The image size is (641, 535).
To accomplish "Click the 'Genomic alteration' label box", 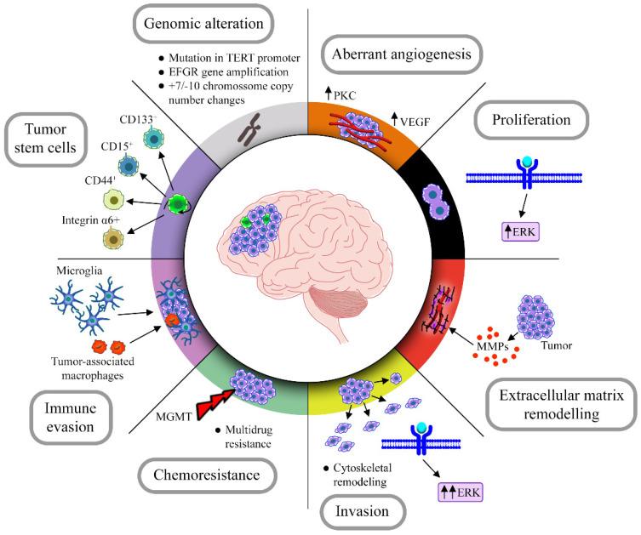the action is point(203,24).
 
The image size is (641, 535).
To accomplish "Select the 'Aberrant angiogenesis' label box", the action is point(402,54).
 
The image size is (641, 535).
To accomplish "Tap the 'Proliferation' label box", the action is point(531,120).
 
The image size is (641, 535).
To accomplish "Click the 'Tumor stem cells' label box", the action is point(45,139).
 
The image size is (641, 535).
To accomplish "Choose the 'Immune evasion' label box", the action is point(70,418).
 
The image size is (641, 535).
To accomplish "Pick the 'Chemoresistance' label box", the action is point(207,475).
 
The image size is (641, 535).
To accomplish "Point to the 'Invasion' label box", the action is point(362,511).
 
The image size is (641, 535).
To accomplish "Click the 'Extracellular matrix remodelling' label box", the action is point(561,404).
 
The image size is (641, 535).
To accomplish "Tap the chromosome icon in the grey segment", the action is point(249,130).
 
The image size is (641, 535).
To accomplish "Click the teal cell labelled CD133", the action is point(154,139).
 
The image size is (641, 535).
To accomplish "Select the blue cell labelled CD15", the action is point(129,167).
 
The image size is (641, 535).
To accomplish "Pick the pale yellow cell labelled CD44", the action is point(113,200).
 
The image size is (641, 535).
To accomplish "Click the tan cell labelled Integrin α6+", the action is point(113,239).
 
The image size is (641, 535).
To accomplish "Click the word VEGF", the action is point(415,122).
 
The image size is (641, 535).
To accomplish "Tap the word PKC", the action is point(345,95).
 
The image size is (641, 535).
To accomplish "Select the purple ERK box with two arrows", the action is point(461,492).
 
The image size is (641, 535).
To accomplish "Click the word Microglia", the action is point(79,270).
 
